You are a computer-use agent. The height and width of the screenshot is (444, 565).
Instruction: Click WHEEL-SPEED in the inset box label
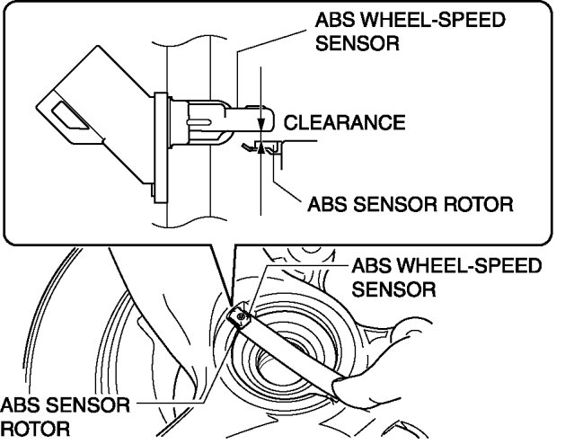392,21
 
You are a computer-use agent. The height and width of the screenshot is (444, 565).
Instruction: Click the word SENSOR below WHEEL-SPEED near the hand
393,289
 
